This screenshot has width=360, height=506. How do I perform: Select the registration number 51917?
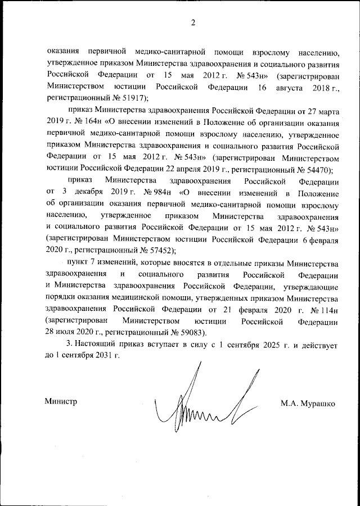coord(130,97)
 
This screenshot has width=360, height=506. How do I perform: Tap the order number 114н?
coord(327,311)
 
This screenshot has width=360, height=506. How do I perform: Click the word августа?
coord(287,87)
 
